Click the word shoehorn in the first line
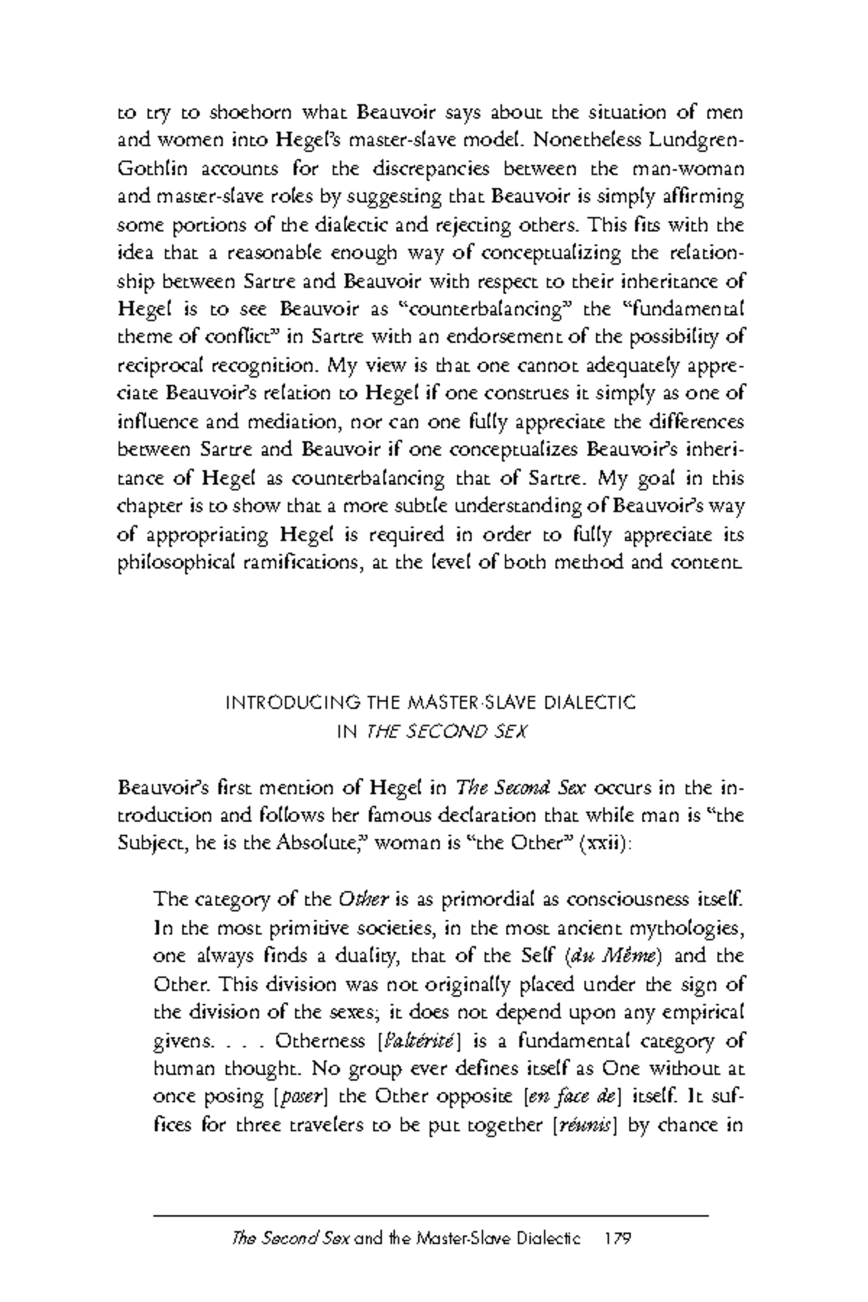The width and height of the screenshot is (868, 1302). point(244,113)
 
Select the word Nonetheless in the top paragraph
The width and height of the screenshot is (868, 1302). point(600,140)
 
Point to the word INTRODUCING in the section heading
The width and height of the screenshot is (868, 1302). point(284,702)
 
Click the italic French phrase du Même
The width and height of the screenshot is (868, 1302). point(612,956)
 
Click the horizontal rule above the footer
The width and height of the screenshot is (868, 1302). point(431,1217)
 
